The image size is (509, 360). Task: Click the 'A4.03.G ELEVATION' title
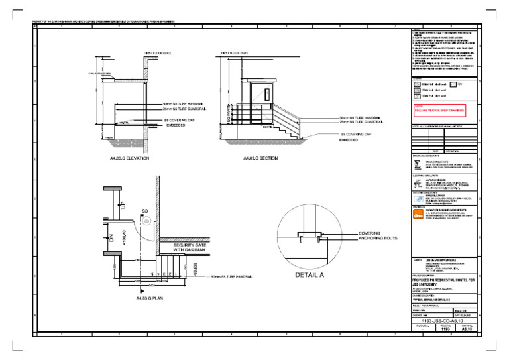pos(129,159)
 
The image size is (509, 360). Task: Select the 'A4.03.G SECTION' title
pos(260,159)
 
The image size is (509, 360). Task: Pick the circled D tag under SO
pos(145,220)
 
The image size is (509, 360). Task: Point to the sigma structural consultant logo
pos(416,165)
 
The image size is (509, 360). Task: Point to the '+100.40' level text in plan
pos(125,236)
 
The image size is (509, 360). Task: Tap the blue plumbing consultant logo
pos(417,198)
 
